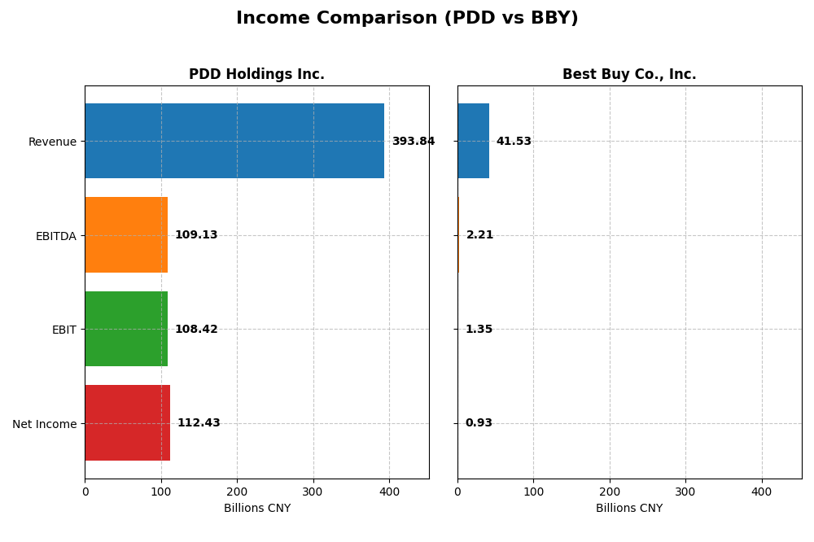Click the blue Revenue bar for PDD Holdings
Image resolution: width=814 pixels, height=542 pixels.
point(234,141)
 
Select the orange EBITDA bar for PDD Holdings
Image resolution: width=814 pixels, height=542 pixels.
point(126,235)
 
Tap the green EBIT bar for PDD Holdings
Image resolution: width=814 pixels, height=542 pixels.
point(126,329)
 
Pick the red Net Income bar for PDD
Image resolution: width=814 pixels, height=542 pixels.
point(128,423)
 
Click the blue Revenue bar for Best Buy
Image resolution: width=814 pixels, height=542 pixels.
point(473,141)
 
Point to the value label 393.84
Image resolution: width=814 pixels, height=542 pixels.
point(414,142)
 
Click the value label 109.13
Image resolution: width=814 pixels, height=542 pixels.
point(196,235)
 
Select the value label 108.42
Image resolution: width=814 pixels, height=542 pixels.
point(196,330)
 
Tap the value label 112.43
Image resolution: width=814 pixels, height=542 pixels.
point(199,423)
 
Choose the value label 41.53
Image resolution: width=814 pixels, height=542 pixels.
point(514,142)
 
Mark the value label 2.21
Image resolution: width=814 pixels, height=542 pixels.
point(480,235)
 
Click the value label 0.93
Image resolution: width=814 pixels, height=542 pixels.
point(479,423)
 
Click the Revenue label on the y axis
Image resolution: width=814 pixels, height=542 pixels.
point(52,142)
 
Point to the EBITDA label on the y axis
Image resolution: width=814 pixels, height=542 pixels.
point(55,236)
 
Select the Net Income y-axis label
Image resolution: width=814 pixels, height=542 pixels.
point(44,424)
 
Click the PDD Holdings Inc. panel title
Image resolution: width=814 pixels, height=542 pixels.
point(256,75)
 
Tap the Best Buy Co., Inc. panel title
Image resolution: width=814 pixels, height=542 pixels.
point(629,75)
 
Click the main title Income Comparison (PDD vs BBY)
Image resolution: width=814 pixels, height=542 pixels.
point(407,19)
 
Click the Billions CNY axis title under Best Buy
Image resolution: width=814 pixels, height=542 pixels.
point(629,509)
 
